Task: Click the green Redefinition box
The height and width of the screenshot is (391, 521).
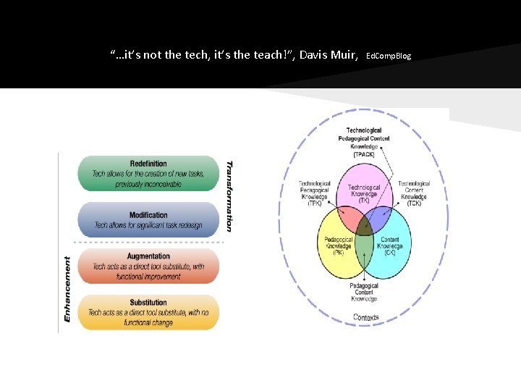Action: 148,174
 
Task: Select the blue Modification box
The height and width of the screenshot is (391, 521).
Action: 148,220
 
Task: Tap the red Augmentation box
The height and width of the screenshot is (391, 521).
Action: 148,266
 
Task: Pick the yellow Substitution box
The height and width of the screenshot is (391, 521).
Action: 148,312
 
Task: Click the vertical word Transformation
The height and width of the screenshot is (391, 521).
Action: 229,195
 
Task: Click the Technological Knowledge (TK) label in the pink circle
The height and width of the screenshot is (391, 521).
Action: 363,191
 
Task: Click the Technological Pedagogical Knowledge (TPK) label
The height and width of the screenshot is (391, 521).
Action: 315,193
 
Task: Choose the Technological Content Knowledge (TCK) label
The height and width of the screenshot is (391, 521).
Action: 414,193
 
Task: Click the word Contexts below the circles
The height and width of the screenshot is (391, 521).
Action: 366,317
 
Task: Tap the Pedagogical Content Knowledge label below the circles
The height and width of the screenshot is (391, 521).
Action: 364,292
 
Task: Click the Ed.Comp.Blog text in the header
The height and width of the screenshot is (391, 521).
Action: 389,56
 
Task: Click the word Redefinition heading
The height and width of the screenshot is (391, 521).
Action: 148,164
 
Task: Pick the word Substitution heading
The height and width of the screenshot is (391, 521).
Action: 148,303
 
